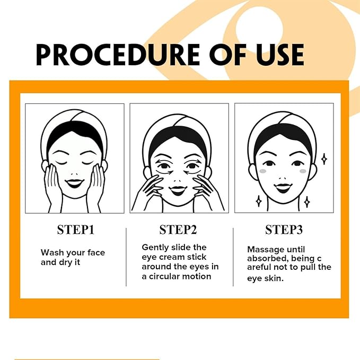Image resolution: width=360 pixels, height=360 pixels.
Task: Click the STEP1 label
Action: coord(75,230)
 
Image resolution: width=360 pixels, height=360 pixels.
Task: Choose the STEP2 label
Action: coord(178,230)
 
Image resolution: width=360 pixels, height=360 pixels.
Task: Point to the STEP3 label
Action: coord(284,230)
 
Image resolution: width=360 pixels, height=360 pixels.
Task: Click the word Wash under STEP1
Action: coord(52,253)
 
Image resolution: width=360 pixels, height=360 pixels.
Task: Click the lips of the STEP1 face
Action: coord(74,183)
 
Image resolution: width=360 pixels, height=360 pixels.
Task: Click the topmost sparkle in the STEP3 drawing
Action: coord(324,159)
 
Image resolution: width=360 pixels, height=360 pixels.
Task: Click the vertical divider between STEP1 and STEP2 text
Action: coord(126,257)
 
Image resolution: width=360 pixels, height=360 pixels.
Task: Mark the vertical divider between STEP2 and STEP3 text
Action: coord(234,257)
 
